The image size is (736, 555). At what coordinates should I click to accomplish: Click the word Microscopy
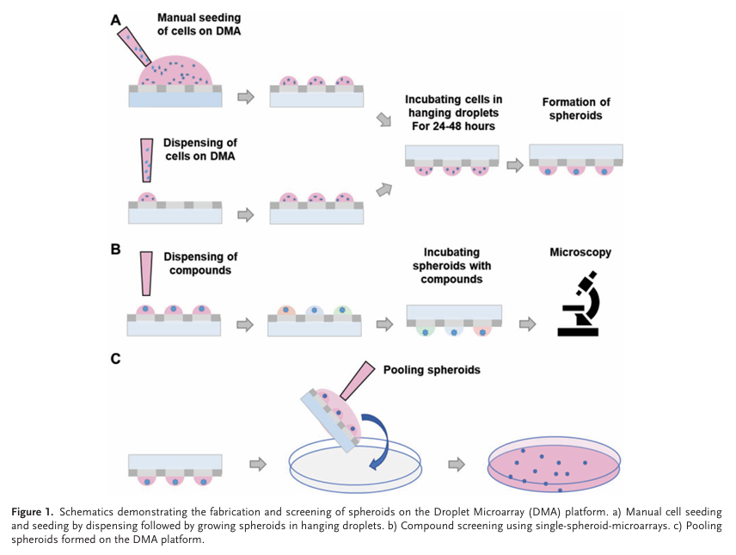[580, 253]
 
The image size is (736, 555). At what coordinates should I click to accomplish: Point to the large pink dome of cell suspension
[175, 71]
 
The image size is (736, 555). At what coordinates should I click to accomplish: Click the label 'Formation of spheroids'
[572, 108]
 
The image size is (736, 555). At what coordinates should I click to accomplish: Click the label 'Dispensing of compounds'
[199, 262]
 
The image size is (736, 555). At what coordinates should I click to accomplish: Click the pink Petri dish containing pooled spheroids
[552, 464]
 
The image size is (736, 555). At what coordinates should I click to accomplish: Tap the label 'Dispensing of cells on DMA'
[199, 149]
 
